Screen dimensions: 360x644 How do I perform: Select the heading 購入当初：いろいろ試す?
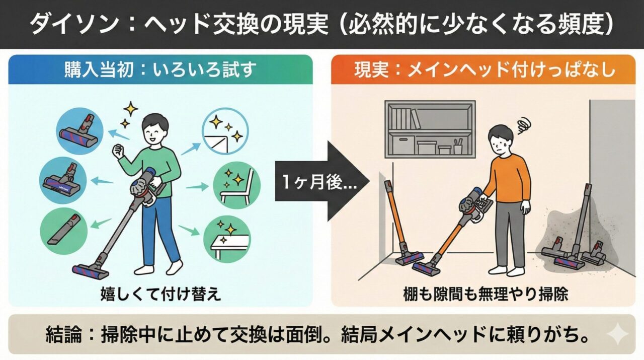pos(159,70)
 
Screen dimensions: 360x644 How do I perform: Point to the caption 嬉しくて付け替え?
pos(160,293)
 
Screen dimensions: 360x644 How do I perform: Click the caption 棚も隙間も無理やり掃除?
pos(485,294)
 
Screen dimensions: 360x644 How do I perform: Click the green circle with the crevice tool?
pos(63,231)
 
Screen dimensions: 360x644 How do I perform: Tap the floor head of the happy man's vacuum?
pos(91,271)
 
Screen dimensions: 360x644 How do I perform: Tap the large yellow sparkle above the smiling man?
pos(131,108)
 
